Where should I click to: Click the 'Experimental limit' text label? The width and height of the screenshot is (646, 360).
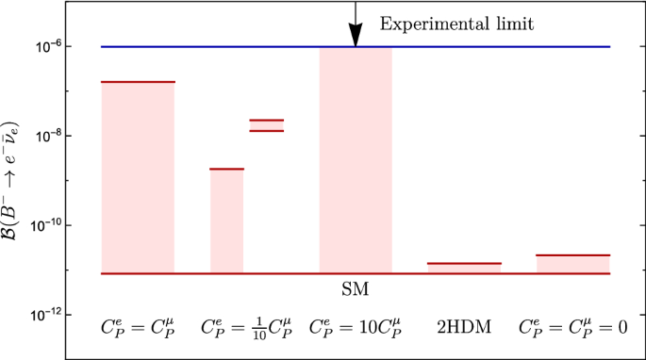[456, 25]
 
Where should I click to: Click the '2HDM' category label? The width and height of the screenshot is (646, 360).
[464, 329]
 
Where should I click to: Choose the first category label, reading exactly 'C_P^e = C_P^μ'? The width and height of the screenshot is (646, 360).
[138, 328]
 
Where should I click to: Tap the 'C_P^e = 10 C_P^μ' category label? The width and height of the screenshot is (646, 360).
[355, 328]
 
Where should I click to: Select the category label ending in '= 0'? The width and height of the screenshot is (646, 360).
[573, 328]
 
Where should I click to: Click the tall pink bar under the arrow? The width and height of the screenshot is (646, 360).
[356, 160]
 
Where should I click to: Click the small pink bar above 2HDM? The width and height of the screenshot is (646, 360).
[464, 269]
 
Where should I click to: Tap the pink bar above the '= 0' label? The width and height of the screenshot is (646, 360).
[573, 264]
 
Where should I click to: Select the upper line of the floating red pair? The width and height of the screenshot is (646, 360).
[267, 120]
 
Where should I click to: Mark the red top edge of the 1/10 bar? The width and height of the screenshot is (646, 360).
[226, 169]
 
